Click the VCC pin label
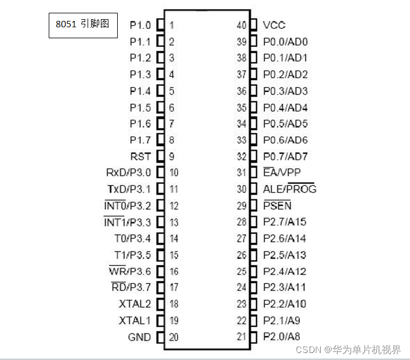pos(274,25)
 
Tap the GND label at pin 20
pos(139,337)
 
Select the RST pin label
pos(141,157)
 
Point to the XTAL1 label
pos(135,321)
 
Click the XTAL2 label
pos(135,304)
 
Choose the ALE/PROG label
pos(289,189)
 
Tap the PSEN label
pos(277,205)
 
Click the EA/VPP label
pos(282,173)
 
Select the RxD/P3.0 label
pos(128,173)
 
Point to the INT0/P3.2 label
pos(127,205)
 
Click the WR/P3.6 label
pos(129,271)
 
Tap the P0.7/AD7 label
pos(285,157)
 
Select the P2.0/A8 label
pos(282,337)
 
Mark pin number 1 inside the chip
pos(172,25)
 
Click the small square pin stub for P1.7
pos(160,140)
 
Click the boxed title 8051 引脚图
pos(83,25)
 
